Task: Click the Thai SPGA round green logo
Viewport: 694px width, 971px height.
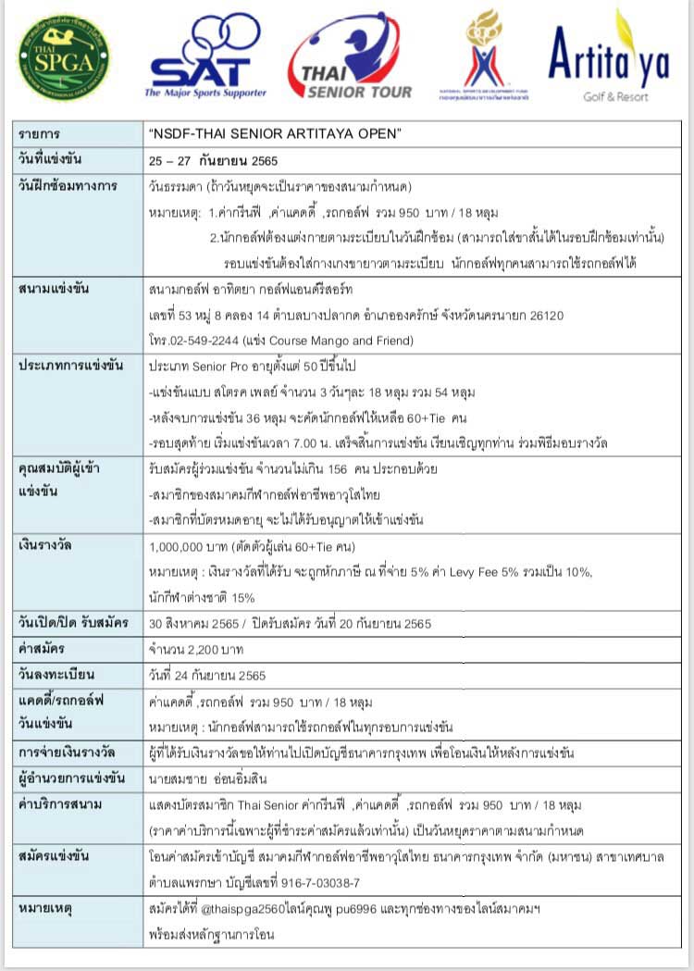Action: click(63, 57)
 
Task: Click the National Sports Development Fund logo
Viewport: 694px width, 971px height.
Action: click(496, 56)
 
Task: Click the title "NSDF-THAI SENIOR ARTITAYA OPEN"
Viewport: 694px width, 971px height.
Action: click(275, 133)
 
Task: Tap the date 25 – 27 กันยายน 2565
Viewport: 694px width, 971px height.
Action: click(213, 160)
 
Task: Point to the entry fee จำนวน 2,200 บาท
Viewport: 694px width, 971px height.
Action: click(190, 648)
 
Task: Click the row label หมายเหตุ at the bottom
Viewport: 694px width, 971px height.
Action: click(46, 909)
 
